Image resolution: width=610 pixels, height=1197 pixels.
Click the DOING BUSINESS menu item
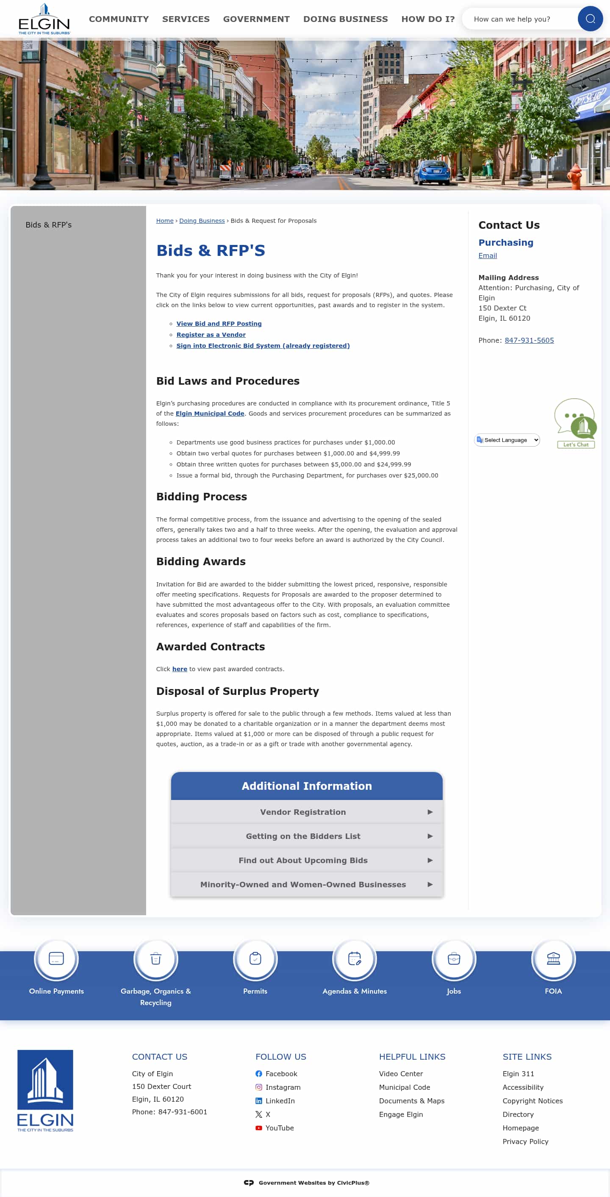pos(345,19)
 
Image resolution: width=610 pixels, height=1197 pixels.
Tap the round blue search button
pos(590,19)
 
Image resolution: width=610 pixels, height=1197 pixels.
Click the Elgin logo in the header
pos(44,19)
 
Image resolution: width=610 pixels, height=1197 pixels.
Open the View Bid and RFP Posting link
pos(219,324)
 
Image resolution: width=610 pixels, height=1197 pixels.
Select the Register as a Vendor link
pos(211,335)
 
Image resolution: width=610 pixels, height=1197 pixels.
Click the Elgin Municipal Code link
pos(210,414)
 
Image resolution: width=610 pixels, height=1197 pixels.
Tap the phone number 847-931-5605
pos(529,341)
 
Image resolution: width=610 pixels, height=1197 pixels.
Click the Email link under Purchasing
pos(487,256)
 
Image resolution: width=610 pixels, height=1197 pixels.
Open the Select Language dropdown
pos(507,440)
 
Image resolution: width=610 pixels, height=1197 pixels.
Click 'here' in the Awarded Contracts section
pos(179,669)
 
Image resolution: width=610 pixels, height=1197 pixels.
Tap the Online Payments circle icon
pos(56,958)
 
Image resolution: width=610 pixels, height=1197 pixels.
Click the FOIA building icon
pos(553,958)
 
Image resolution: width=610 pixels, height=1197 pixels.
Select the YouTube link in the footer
pos(279,1128)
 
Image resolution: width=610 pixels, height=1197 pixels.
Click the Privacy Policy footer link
pos(525,1141)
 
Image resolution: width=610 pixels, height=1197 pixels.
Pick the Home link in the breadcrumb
pos(164,221)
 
